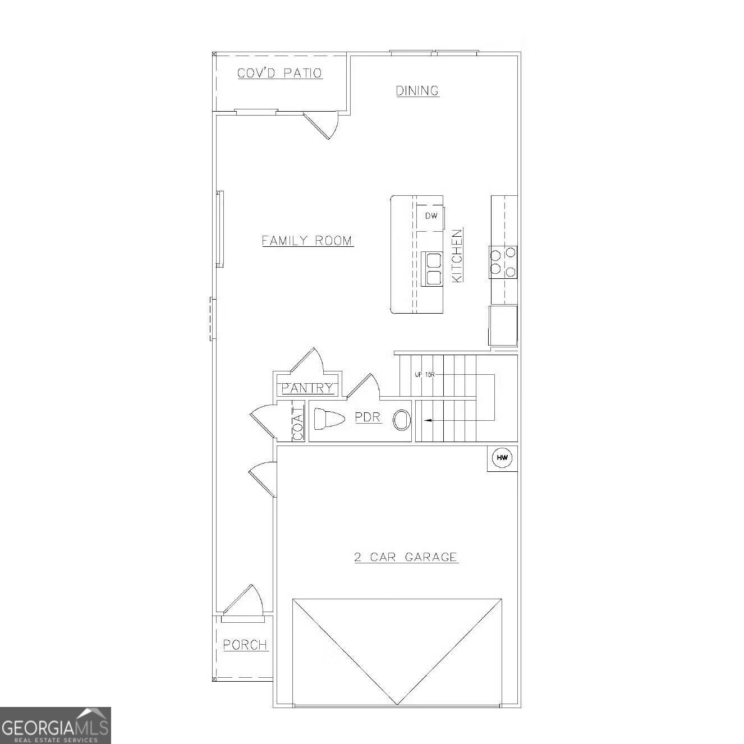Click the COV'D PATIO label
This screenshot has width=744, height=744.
pos(279,74)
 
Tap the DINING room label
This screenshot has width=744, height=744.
pos(417,91)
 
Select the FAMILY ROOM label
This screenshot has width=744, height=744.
pos(307,241)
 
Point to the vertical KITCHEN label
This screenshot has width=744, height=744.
pos(457,255)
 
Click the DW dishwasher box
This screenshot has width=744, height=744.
pos(430,216)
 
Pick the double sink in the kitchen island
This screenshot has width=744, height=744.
pos(432,269)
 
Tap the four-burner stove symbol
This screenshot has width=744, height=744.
pos(503,262)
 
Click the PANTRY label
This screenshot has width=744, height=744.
pos(307,388)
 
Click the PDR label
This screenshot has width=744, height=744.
pos(368,417)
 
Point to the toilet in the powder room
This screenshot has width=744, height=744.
pos(328,419)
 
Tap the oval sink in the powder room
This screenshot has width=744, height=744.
pos(401,420)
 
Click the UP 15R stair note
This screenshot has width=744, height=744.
pos(425,374)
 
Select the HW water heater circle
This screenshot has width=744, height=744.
pos(502,458)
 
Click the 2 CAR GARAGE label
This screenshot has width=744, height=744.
pos(406,557)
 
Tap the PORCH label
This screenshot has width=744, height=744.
pos(245,645)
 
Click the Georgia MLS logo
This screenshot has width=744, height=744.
pos(55,725)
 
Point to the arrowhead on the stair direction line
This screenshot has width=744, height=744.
pos(427,420)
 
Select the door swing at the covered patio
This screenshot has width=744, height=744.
pos(324,125)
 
